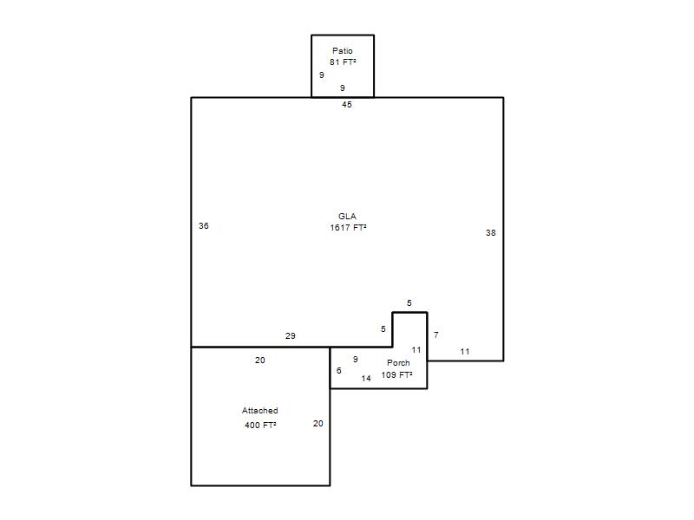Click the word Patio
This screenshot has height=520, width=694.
[342, 51]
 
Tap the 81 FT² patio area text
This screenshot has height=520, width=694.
[343, 62]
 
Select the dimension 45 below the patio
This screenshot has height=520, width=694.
[346, 105]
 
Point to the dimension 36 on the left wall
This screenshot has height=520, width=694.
[204, 226]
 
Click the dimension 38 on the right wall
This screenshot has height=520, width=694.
[490, 233]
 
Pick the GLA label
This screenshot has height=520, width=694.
[347, 216]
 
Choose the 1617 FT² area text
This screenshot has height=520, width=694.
[349, 228]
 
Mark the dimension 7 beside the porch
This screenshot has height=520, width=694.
[436, 335]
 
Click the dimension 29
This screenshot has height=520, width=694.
[291, 336]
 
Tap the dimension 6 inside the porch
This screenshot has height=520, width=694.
[339, 371]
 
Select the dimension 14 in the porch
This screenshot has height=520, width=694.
[366, 379]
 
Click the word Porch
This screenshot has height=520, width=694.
[398, 363]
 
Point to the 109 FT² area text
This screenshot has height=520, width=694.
[397, 375]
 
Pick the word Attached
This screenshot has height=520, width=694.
[259, 411]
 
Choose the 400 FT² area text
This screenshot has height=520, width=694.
[261, 426]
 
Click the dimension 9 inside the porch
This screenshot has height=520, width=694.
[356, 360]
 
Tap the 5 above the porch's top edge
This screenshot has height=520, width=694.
[409, 303]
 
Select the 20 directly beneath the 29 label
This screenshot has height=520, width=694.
[259, 361]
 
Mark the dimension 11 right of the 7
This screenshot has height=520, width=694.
[465, 352]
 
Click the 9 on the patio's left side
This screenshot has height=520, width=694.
[322, 75]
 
